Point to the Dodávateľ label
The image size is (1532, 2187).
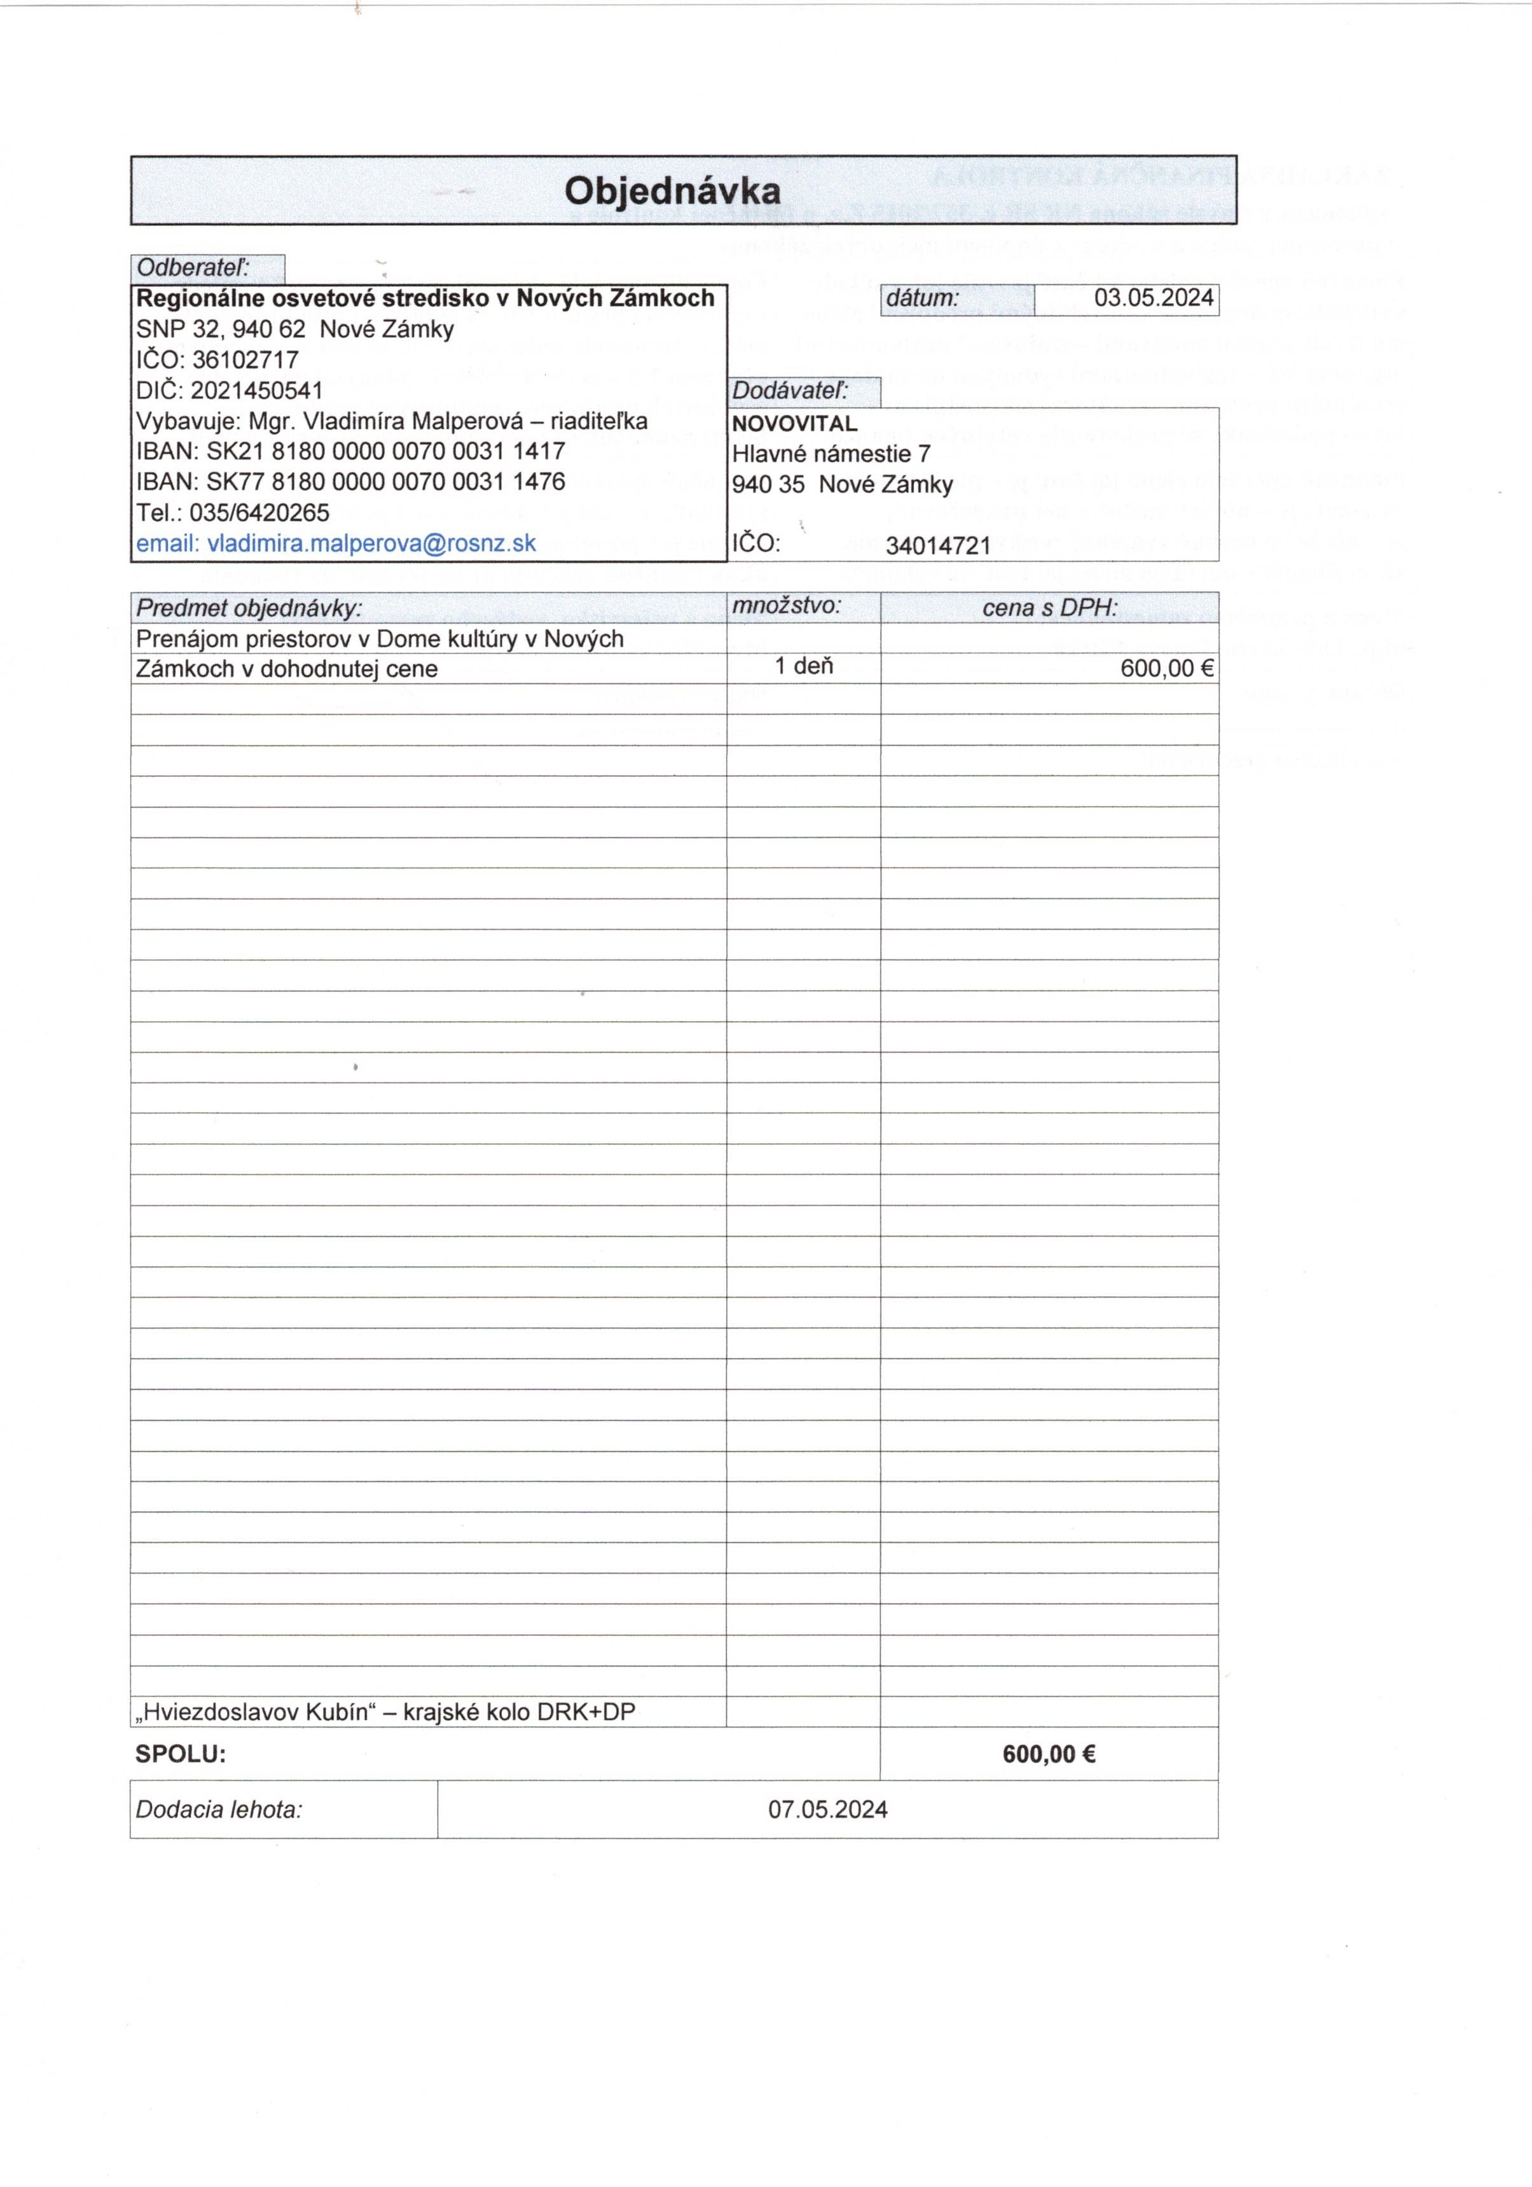pyautogui.click(x=789, y=391)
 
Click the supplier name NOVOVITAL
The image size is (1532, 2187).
pyautogui.click(x=794, y=424)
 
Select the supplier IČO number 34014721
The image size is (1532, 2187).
pyautogui.click(x=938, y=546)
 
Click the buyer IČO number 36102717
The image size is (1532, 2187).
pyautogui.click(x=245, y=360)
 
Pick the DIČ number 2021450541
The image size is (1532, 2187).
pyautogui.click(x=257, y=391)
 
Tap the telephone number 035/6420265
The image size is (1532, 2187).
pyautogui.click(x=259, y=514)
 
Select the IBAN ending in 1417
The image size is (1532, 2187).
pyautogui.click(x=385, y=452)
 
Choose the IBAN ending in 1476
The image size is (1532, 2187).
pyautogui.click(x=385, y=482)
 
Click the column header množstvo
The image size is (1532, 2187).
pyautogui.click(x=787, y=606)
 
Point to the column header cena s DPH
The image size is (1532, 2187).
pyautogui.click(x=1049, y=608)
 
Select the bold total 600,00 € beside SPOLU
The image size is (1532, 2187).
pyautogui.click(x=1048, y=1754)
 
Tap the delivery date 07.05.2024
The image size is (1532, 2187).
pyautogui.click(x=827, y=1810)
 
